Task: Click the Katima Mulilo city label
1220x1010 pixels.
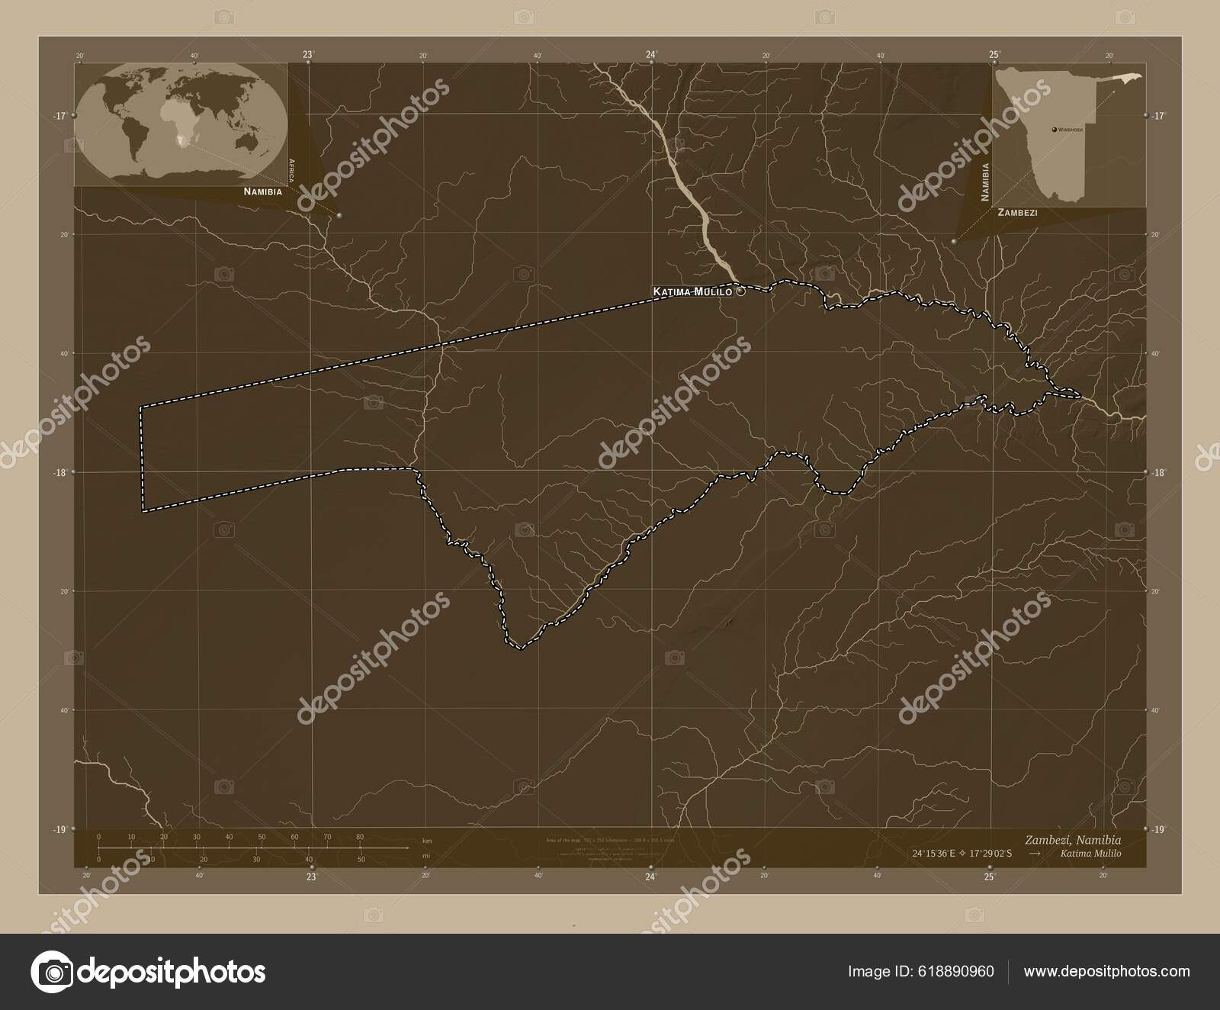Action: [692, 291]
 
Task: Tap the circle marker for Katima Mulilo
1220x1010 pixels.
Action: [740, 291]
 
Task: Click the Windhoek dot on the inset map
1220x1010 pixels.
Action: [1054, 130]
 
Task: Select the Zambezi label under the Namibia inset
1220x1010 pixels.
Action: [1017, 213]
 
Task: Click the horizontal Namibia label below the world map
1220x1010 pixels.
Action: [262, 191]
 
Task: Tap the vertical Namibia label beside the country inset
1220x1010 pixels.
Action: [985, 182]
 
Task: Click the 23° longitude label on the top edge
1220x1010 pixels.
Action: [308, 54]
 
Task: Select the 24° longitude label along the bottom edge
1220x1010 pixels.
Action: [650, 877]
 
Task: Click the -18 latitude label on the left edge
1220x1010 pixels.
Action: [60, 472]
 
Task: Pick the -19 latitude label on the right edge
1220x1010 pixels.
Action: [1159, 829]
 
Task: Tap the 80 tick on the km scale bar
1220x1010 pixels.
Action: [359, 837]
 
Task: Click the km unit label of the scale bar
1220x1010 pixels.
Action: [426, 841]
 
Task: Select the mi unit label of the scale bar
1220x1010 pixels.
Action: [426, 857]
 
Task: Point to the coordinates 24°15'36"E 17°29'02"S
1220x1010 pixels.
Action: [959, 853]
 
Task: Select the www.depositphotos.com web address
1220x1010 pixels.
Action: [1106, 971]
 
